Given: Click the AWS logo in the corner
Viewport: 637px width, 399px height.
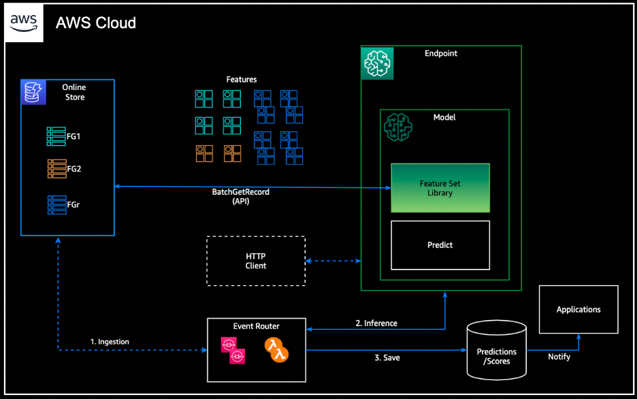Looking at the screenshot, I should coord(24,23).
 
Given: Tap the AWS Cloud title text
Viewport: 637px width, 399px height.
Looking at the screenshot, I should coord(96,23).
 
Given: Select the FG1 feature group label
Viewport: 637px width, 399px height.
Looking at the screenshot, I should coord(73,136).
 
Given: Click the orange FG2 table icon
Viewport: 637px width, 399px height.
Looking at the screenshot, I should coord(56,168).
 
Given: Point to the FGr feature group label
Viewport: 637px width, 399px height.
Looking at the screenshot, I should coord(73,204).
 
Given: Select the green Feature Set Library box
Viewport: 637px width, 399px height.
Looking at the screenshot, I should coord(440,188).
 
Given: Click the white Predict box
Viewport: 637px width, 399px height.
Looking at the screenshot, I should coord(440,244).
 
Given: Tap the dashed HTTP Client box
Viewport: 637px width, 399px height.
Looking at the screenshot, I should coord(256,261).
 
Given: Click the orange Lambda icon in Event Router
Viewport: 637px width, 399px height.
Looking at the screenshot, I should coord(276,351).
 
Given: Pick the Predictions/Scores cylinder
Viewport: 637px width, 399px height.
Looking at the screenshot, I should coord(496,351).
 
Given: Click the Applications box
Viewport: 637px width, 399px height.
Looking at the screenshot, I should coord(578,309).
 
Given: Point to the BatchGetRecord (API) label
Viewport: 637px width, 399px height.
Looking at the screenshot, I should coord(241,197).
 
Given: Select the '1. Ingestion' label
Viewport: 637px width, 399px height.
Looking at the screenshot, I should coord(110,341).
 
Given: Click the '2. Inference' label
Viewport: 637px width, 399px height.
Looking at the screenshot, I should coord(376,323).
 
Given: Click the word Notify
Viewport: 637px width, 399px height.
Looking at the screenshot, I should coord(559,357).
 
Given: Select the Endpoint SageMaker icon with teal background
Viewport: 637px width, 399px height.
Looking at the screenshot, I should coord(377,63).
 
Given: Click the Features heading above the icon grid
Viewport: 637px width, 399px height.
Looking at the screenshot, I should coord(242,80).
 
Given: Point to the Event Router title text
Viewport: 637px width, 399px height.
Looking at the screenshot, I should coord(256,326).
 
